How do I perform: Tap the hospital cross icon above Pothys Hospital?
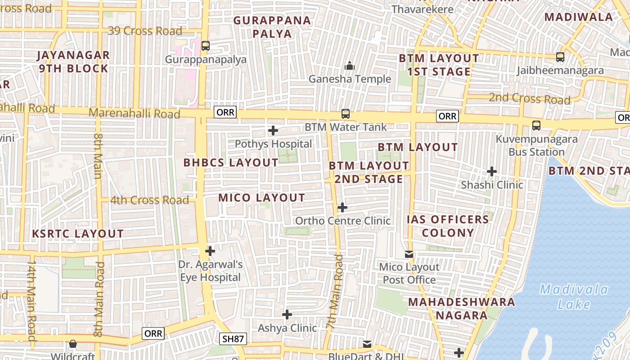273,131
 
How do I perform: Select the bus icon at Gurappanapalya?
206,46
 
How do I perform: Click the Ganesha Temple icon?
350,66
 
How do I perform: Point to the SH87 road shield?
233,339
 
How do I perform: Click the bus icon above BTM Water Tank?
346,114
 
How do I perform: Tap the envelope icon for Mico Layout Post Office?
409,255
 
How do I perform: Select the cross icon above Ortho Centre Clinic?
342,207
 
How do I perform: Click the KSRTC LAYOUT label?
78,234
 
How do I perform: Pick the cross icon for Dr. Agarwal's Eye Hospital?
210,251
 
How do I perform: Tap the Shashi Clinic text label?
492,185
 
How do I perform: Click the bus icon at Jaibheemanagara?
560,57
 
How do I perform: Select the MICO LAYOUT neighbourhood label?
262,198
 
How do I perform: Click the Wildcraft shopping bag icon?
73,344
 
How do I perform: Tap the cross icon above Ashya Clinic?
287,315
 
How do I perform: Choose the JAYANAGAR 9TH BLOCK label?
73,62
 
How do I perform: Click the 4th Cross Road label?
149,200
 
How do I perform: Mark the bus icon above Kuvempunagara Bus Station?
536,126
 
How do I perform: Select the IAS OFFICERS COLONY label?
448,226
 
